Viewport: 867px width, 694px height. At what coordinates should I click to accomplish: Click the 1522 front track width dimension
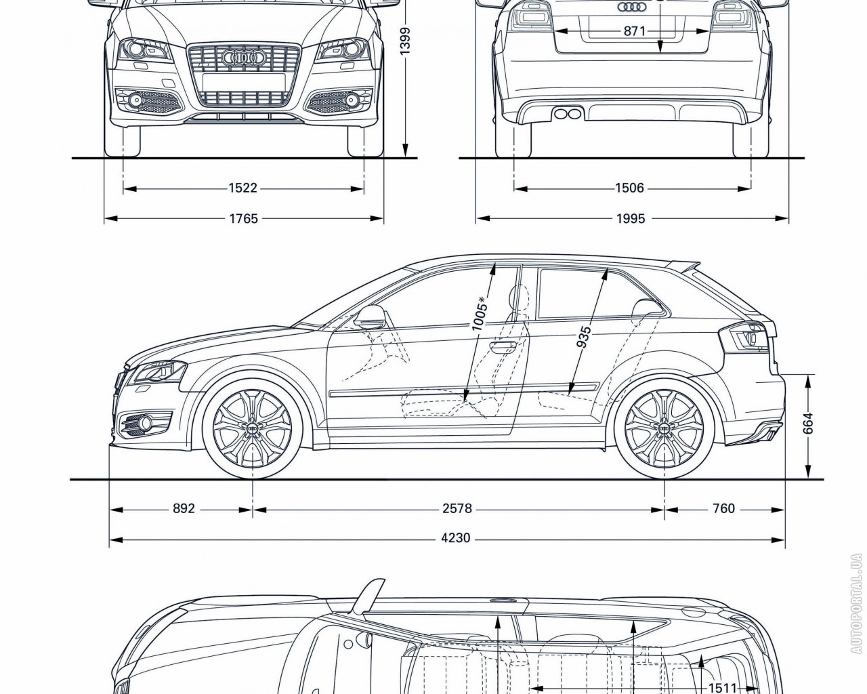coord(243,188)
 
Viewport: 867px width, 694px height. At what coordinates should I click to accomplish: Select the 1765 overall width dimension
coord(243,218)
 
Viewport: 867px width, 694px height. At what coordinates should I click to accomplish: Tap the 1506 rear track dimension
coord(629,188)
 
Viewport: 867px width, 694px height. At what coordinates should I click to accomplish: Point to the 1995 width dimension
coord(631,218)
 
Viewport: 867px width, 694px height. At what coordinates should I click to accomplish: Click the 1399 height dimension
coord(405,41)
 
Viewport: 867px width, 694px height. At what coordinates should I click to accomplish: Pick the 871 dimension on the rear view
coord(635,31)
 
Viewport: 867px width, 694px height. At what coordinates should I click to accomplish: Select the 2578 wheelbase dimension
coord(457,508)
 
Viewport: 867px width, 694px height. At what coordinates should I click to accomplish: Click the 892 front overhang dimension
coord(184,508)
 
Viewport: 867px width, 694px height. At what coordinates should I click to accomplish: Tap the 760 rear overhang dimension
coord(723,508)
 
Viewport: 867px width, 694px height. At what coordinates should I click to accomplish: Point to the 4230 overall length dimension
coord(456,538)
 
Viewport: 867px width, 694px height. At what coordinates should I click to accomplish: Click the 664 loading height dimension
coord(808,423)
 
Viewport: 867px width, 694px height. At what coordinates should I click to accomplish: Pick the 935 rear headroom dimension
coord(584,337)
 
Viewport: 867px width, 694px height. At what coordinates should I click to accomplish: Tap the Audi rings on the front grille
coord(243,58)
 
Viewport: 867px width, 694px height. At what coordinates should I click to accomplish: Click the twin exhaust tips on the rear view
coord(567,114)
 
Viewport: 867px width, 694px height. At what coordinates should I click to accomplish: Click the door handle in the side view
coord(502,345)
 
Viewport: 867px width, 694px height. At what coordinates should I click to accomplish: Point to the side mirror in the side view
coord(371,318)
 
